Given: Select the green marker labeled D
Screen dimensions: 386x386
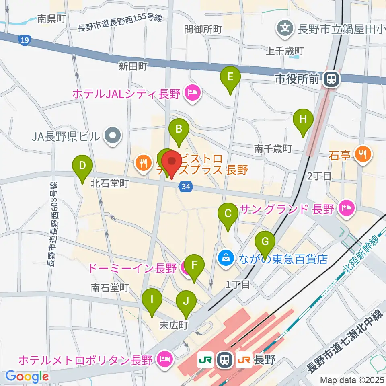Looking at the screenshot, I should [82, 166].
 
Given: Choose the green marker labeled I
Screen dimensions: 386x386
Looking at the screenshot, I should [152, 300].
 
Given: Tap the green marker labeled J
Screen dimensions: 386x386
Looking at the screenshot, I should [186, 301].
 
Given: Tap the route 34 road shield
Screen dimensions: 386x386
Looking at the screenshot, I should [185, 187].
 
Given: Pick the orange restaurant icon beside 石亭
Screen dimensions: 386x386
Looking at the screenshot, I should [363, 153].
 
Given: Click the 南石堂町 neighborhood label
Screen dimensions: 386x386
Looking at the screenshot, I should [109, 288].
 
